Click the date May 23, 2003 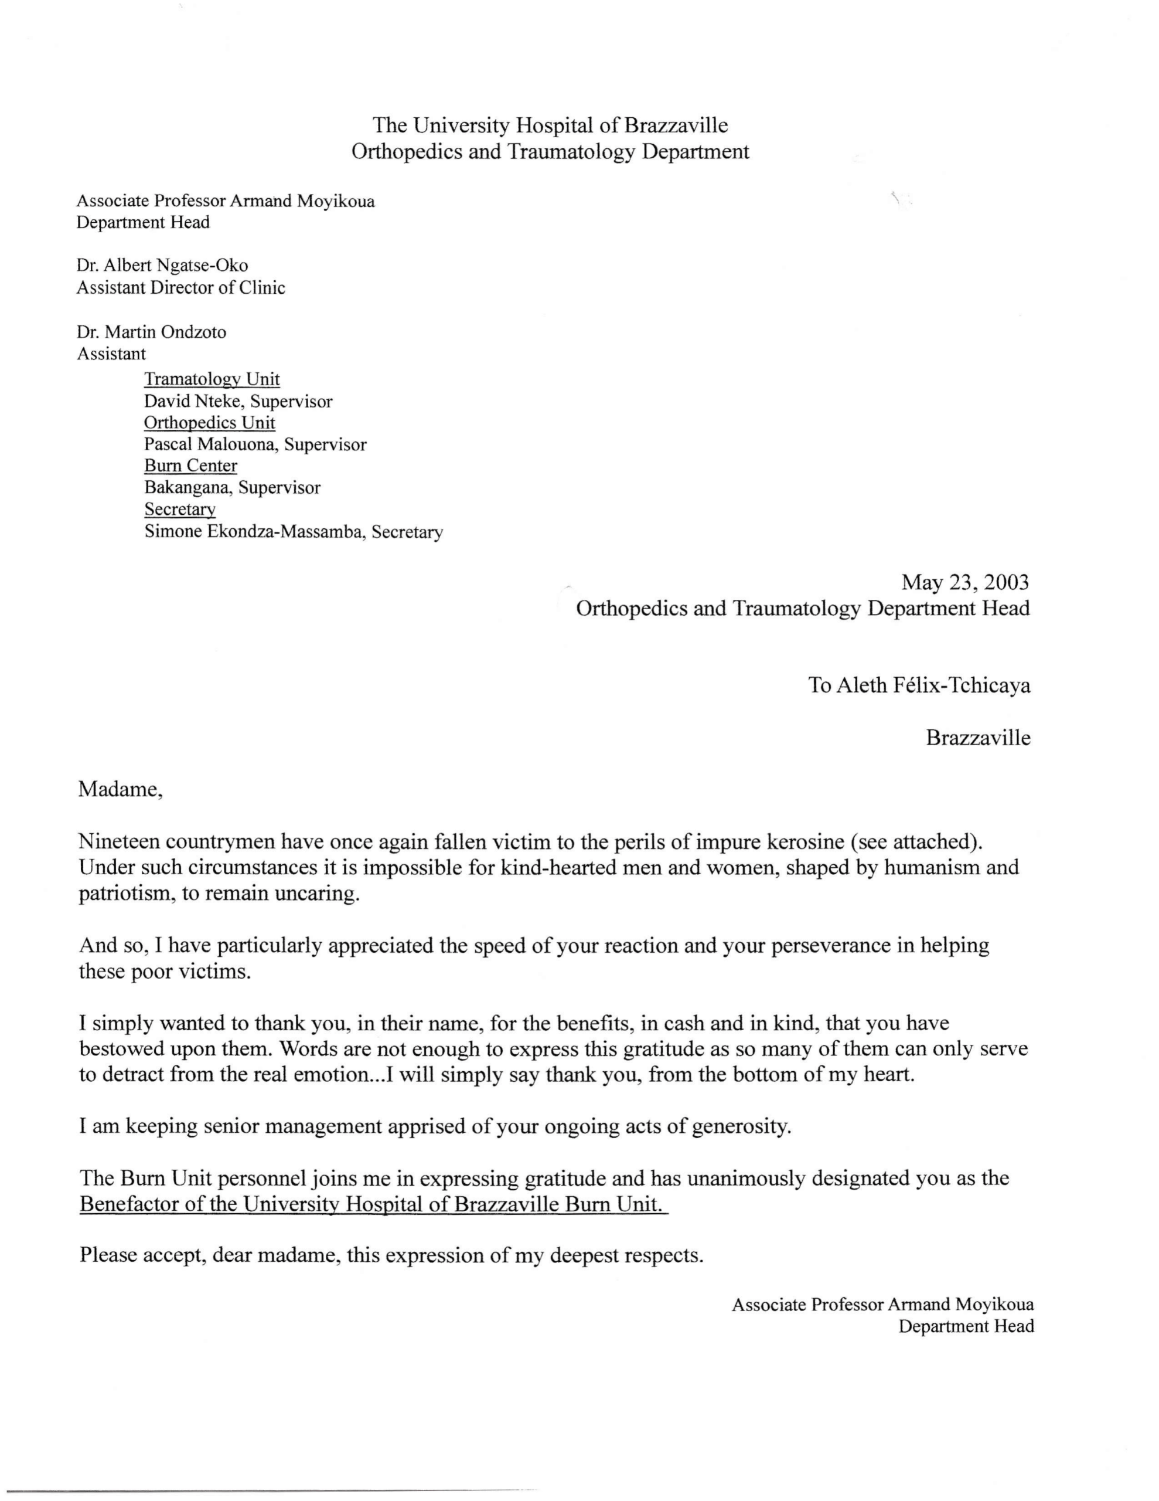(x=964, y=583)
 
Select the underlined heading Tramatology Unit (x=212, y=379)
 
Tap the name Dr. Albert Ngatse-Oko (x=162, y=265)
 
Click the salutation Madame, (x=120, y=789)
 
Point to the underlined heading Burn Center (x=190, y=466)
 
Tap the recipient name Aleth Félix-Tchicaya (x=933, y=685)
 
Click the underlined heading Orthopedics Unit (x=210, y=423)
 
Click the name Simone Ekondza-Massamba (x=253, y=532)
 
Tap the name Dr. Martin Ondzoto (x=151, y=332)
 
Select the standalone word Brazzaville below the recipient (x=977, y=738)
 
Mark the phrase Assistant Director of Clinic (x=180, y=287)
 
